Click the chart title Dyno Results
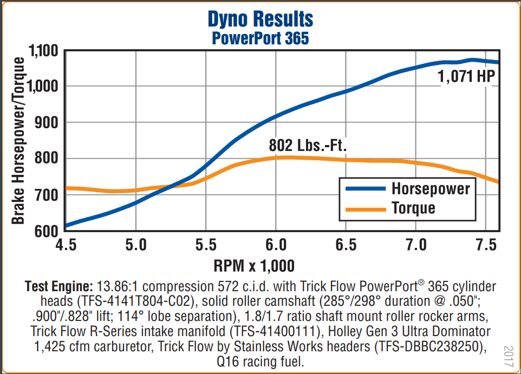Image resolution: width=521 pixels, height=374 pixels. point(260,20)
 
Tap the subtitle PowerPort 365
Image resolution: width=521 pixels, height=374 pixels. point(260,39)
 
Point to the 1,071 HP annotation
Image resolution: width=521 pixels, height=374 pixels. point(466,77)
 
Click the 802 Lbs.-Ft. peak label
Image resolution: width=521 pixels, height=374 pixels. point(308,146)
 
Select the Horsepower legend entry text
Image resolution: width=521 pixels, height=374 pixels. point(431,188)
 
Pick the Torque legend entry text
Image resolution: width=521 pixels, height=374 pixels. point(413,207)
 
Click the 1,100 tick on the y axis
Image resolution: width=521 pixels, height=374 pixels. point(43,51)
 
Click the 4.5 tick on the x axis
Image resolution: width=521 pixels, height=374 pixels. point(66,245)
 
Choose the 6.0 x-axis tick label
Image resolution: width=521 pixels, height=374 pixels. point(276,245)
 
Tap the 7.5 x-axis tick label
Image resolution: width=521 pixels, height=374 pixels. point(486,245)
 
